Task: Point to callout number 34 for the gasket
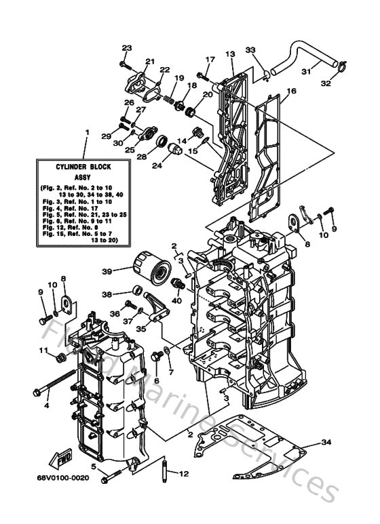tap(326, 443)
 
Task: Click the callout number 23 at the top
tap(126, 47)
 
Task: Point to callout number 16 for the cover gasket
tap(292, 91)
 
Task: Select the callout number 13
tap(230, 53)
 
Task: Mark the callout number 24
tap(157, 163)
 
